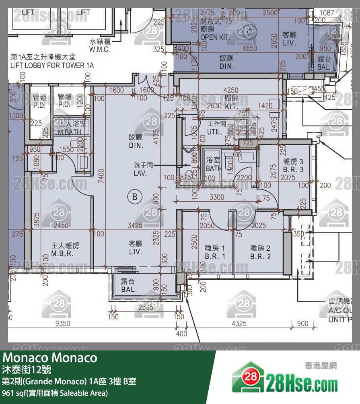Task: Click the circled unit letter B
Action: point(135,197)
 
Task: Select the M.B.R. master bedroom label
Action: point(62,253)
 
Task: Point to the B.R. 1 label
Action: point(215,256)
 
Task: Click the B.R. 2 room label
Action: point(260,256)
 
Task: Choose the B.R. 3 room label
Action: point(294,169)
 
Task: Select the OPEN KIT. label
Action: point(215,37)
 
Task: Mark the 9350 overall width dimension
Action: point(63,324)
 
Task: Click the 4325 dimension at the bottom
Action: point(239,324)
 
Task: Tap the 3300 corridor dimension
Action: point(217,197)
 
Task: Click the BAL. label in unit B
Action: point(129,289)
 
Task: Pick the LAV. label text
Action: point(140,173)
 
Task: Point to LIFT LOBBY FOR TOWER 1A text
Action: point(52,65)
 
